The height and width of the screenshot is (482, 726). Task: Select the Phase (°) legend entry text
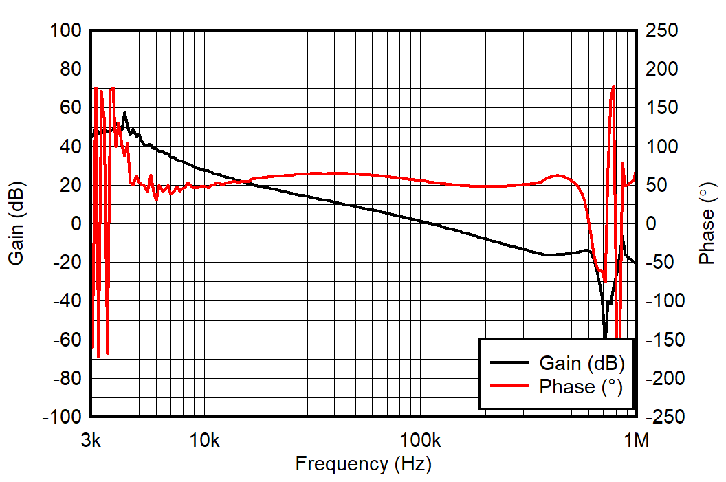[x=581, y=386]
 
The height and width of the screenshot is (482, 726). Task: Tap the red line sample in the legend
[x=509, y=386]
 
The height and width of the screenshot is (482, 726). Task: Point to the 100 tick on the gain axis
[x=66, y=31]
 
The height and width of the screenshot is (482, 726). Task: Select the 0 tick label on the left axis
[x=76, y=224]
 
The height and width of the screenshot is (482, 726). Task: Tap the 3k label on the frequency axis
[x=91, y=439]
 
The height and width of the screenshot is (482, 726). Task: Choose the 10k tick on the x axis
[x=204, y=439]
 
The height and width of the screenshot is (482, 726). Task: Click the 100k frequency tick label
[x=420, y=439]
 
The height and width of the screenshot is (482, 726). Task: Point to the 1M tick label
[x=636, y=439]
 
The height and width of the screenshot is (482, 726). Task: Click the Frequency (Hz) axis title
[x=363, y=464]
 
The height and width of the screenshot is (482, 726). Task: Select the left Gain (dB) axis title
[x=16, y=223]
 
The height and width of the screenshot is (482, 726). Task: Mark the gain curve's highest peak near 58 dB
[x=124, y=113]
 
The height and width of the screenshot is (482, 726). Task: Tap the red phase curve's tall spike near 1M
[x=613, y=87]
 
